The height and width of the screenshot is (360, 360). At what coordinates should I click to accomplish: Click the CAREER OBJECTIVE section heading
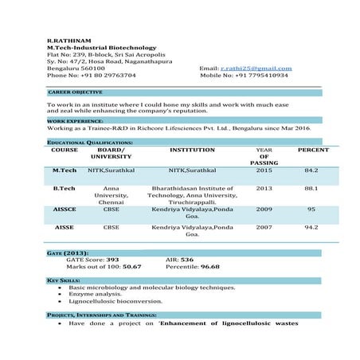(75, 92)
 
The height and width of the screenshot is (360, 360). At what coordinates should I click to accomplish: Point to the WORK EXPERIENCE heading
(74, 121)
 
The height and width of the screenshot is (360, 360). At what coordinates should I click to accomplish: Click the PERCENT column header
(312, 150)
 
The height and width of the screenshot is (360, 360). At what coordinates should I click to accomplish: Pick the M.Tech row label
(65, 170)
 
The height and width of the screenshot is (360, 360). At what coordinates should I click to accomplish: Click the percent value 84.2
(311, 170)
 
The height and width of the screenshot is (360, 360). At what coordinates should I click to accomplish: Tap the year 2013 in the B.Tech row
(264, 189)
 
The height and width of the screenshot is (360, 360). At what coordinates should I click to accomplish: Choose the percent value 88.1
(311, 189)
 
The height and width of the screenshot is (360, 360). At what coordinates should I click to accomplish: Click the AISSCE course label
(65, 210)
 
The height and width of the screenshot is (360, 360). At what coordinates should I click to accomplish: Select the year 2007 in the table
(264, 228)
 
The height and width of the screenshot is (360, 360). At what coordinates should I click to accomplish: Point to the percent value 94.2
(311, 228)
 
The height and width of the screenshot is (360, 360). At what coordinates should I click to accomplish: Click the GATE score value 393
(112, 260)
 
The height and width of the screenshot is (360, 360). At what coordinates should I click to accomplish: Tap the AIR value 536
(187, 260)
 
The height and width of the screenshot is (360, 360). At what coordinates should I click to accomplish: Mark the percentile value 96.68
(209, 267)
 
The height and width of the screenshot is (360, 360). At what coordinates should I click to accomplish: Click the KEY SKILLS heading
(64, 280)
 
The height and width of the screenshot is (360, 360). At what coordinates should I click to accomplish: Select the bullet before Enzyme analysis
(61, 295)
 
